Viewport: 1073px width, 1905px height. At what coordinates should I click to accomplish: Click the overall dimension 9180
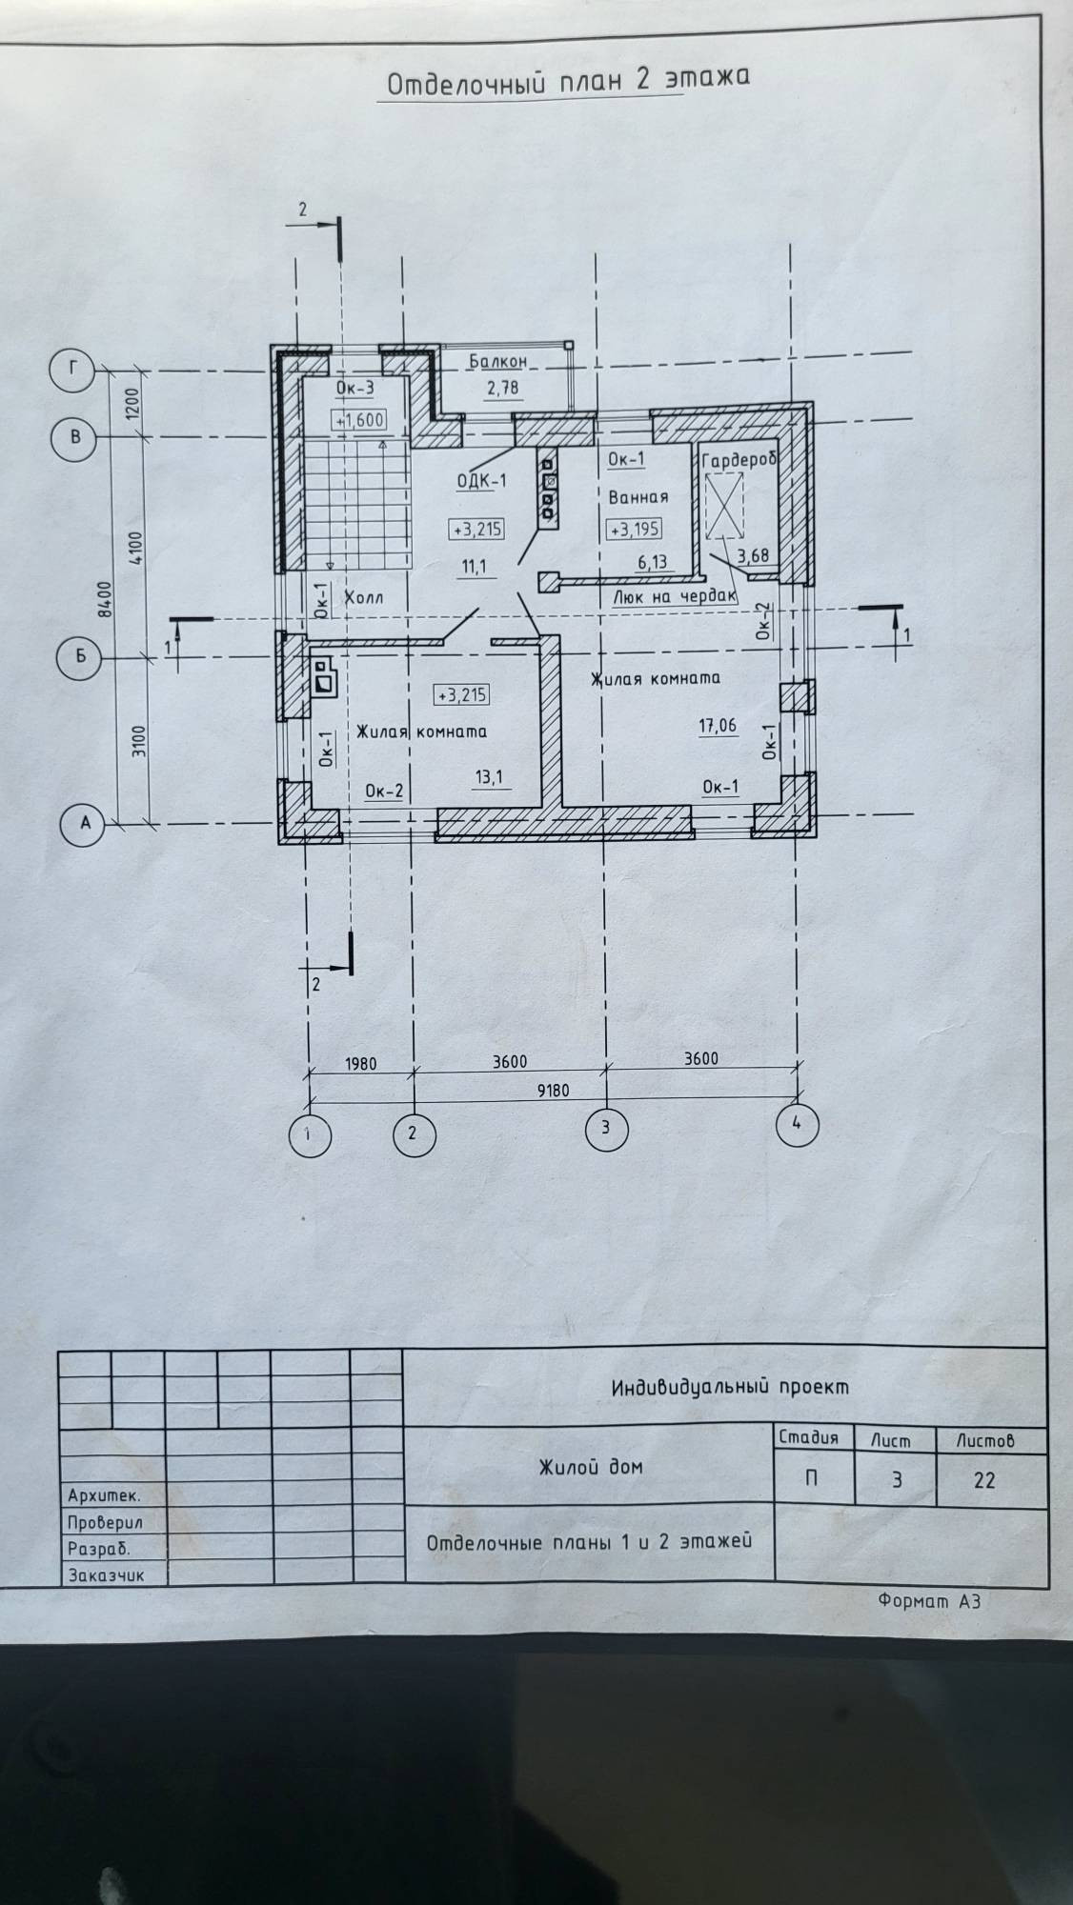pos(553,1091)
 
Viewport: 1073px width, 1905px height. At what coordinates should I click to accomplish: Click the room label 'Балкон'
pos(497,362)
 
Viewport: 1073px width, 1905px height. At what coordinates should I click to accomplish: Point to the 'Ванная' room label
pos(638,496)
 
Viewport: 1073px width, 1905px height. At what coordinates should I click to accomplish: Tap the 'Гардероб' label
pos(740,459)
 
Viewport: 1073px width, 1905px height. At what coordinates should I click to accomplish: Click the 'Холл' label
pos(362,598)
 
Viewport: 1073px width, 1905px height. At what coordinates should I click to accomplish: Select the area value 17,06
pos(718,726)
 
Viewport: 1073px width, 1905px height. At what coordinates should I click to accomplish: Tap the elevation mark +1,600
pos(359,419)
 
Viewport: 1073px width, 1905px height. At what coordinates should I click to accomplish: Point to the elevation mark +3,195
pos(634,529)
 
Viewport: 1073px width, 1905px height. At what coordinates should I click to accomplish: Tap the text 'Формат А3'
pos(928,1601)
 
